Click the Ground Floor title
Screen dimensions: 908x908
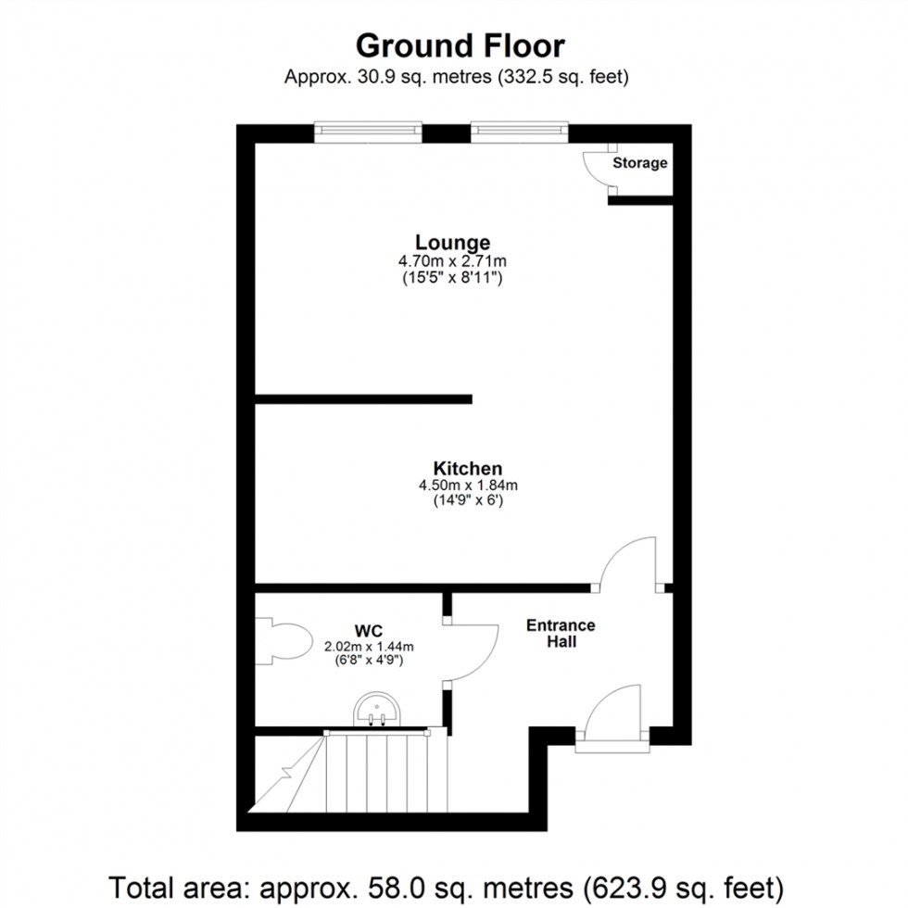click(x=460, y=45)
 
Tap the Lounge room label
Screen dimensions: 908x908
click(x=452, y=244)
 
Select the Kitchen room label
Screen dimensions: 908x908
click(x=467, y=468)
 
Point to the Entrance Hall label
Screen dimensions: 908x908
click(x=561, y=633)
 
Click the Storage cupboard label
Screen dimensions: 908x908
click(x=639, y=163)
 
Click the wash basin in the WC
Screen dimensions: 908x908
click(x=376, y=712)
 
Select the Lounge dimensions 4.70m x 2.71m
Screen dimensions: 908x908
click(x=452, y=261)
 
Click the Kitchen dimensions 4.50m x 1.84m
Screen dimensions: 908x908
click(x=467, y=486)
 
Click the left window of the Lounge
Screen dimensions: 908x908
click(x=368, y=132)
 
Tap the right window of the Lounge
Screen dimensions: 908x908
click(x=518, y=132)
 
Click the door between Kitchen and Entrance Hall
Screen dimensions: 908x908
click(x=628, y=563)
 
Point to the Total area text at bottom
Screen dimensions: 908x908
click(x=453, y=883)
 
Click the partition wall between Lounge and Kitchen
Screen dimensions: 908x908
click(x=363, y=399)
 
